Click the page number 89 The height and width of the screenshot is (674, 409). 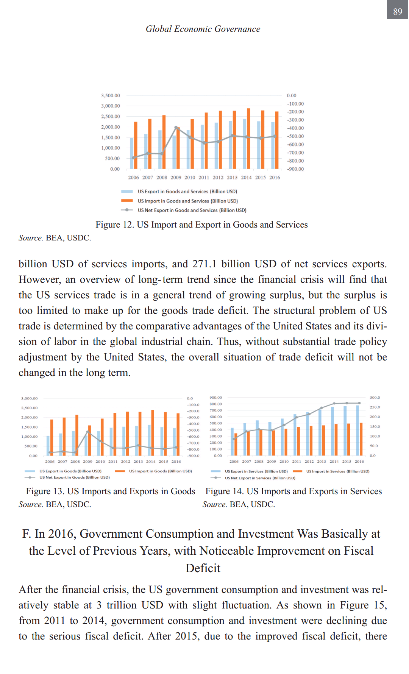pos(398,11)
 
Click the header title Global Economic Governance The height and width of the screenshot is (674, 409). pos(203,29)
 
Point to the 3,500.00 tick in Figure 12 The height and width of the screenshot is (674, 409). pos(110,95)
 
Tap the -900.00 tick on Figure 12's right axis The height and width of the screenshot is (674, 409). pos(295,169)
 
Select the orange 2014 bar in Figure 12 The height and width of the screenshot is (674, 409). pos(248,139)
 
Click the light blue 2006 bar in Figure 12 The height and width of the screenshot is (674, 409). pos(132,153)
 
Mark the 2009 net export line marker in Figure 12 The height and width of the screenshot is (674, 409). pos(176,128)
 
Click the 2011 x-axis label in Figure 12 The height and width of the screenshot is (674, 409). pos(204,177)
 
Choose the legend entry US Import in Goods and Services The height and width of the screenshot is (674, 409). pos(187,201)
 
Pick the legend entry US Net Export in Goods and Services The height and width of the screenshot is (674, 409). pos(192,210)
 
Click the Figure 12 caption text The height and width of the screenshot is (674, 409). pos(201,225)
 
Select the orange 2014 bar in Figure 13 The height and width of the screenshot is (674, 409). pos(153,433)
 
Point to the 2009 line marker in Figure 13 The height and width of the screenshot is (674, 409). pos(88,432)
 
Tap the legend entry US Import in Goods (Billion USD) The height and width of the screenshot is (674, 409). pos(160,471)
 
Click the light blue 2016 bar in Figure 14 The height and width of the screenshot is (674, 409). pos(357,430)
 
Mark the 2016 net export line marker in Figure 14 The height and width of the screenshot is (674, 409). pos(359,403)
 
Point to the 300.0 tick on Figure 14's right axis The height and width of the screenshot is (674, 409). pos(375,398)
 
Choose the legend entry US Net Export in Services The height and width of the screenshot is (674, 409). pos(260,478)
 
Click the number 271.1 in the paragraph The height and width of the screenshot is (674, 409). pos(204,264)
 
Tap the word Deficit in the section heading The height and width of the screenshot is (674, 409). pos(203,568)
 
